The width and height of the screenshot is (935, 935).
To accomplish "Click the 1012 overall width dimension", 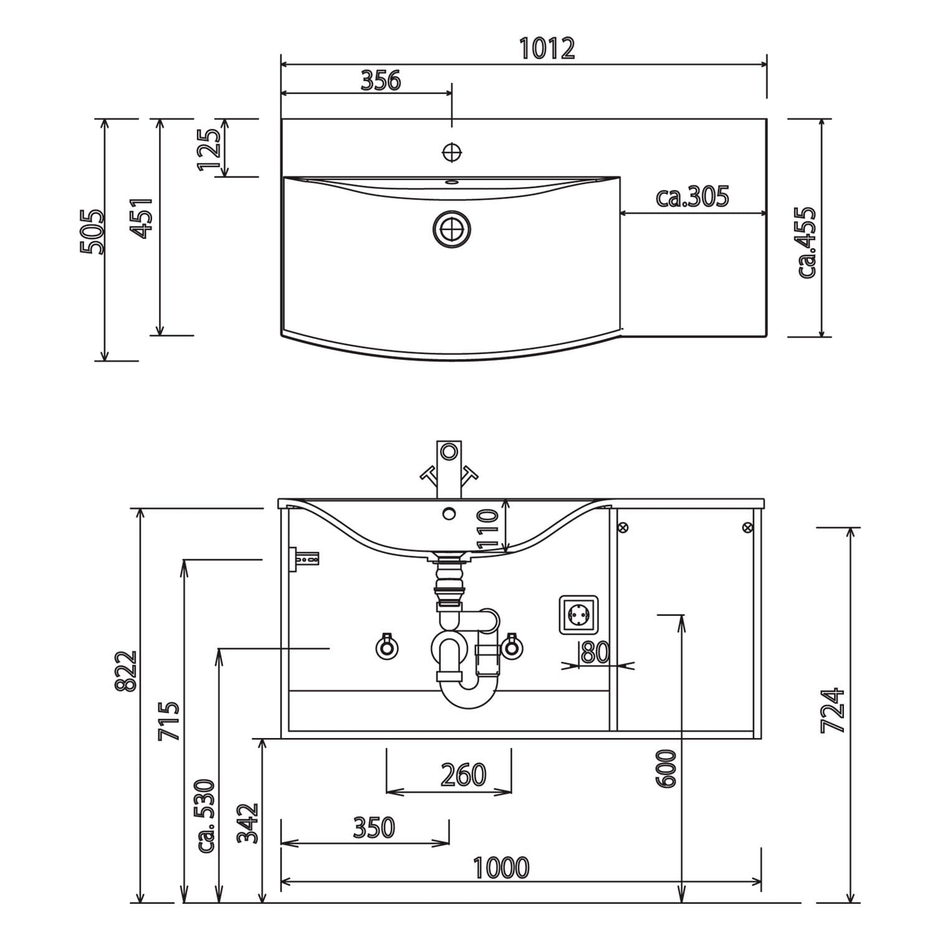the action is click(547, 49).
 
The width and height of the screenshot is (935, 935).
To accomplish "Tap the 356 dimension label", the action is click(381, 80).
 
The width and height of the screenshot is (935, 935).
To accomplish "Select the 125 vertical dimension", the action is click(209, 149).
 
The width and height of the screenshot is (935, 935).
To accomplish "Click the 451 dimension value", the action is click(141, 219).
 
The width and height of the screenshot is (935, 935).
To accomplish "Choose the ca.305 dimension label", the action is click(692, 197).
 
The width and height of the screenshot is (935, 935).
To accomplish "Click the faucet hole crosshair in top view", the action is click(451, 151).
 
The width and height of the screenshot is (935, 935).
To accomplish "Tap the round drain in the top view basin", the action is click(451, 229).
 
